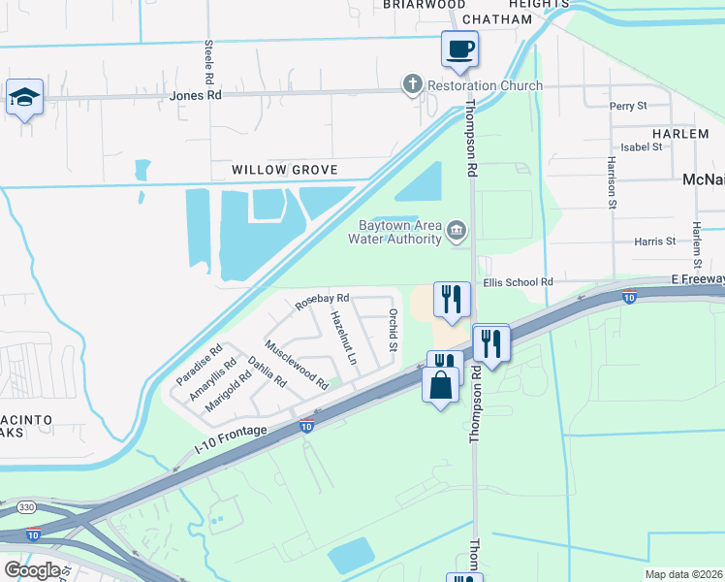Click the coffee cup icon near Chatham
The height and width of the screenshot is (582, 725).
point(460,48)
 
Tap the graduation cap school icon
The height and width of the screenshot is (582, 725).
point(24,98)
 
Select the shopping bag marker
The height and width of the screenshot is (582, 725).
point(441,385)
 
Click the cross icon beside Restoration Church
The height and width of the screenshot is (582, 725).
point(413,85)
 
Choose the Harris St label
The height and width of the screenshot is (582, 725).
point(655,241)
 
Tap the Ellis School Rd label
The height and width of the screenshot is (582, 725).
point(519,282)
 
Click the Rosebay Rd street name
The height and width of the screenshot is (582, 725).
point(322,303)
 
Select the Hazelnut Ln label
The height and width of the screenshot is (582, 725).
point(343,337)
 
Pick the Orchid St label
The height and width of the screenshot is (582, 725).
point(394,330)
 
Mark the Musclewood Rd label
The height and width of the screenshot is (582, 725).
point(297,366)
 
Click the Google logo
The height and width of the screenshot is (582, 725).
point(32,569)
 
